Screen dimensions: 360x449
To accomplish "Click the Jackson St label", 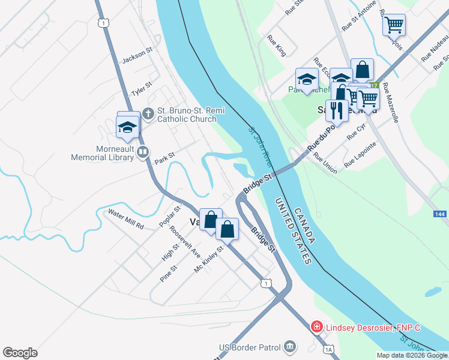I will (x=134, y=58).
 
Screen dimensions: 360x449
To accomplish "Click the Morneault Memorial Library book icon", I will (x=142, y=152).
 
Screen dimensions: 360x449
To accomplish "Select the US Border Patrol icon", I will (x=290, y=346).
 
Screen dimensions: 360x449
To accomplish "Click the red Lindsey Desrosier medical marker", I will (x=316, y=327).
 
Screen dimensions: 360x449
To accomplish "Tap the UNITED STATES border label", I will (x=294, y=230).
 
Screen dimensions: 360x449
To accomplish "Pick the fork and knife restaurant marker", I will (x=336, y=110).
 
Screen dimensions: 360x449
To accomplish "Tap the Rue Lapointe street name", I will (x=360, y=154).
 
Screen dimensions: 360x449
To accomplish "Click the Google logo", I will (x=20, y=353).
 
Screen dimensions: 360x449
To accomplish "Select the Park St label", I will (x=164, y=158).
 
